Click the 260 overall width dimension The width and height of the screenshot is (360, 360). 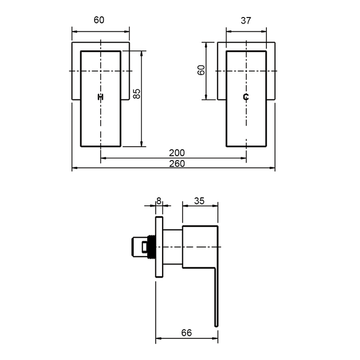coord(177,164)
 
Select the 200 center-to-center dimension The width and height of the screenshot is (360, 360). coord(177,153)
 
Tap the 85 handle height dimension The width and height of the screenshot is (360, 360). coord(137,94)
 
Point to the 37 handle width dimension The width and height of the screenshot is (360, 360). coord(246,21)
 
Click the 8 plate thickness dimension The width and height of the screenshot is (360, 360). coord(159,201)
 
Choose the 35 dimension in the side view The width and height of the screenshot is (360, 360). coord(199,201)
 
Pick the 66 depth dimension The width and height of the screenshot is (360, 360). coord(186,333)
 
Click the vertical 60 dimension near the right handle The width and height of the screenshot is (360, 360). coord(201,70)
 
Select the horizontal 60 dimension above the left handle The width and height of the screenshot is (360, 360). coord(99,20)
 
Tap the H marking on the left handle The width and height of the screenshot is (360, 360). coord(101,97)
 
